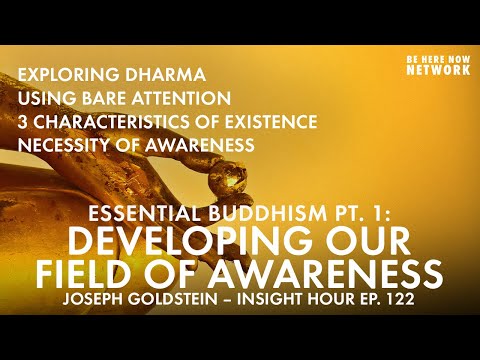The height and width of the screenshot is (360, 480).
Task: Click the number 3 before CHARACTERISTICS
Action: click(23, 122)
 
